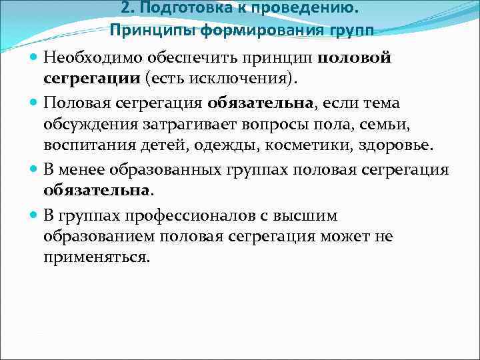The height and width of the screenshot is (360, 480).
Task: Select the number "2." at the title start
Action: (x=129, y=9)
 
